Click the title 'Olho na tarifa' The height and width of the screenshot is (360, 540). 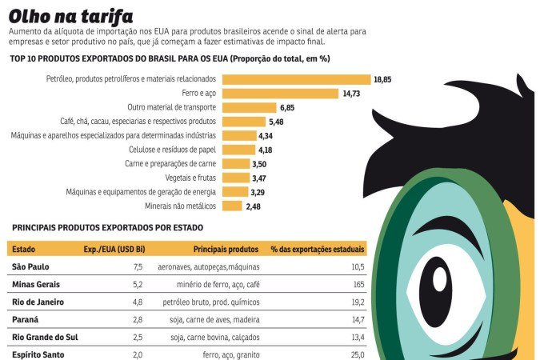click(x=71, y=16)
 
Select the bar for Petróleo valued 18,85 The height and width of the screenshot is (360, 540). click(x=296, y=79)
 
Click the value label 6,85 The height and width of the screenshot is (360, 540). click(x=288, y=107)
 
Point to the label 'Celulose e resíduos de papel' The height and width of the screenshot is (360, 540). click(x=172, y=150)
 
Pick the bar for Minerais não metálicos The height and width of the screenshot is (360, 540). click(x=232, y=206)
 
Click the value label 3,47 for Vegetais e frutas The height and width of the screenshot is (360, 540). click(x=260, y=178)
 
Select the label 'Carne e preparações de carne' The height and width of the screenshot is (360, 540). click(x=170, y=163)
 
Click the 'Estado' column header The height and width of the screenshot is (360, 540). click(x=24, y=250)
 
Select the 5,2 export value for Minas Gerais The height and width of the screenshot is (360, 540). click(x=137, y=284)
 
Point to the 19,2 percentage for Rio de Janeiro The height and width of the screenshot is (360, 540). click(x=355, y=302)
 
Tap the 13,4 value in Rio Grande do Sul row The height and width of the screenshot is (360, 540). click(x=355, y=337)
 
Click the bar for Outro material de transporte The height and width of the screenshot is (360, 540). click(x=249, y=107)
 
